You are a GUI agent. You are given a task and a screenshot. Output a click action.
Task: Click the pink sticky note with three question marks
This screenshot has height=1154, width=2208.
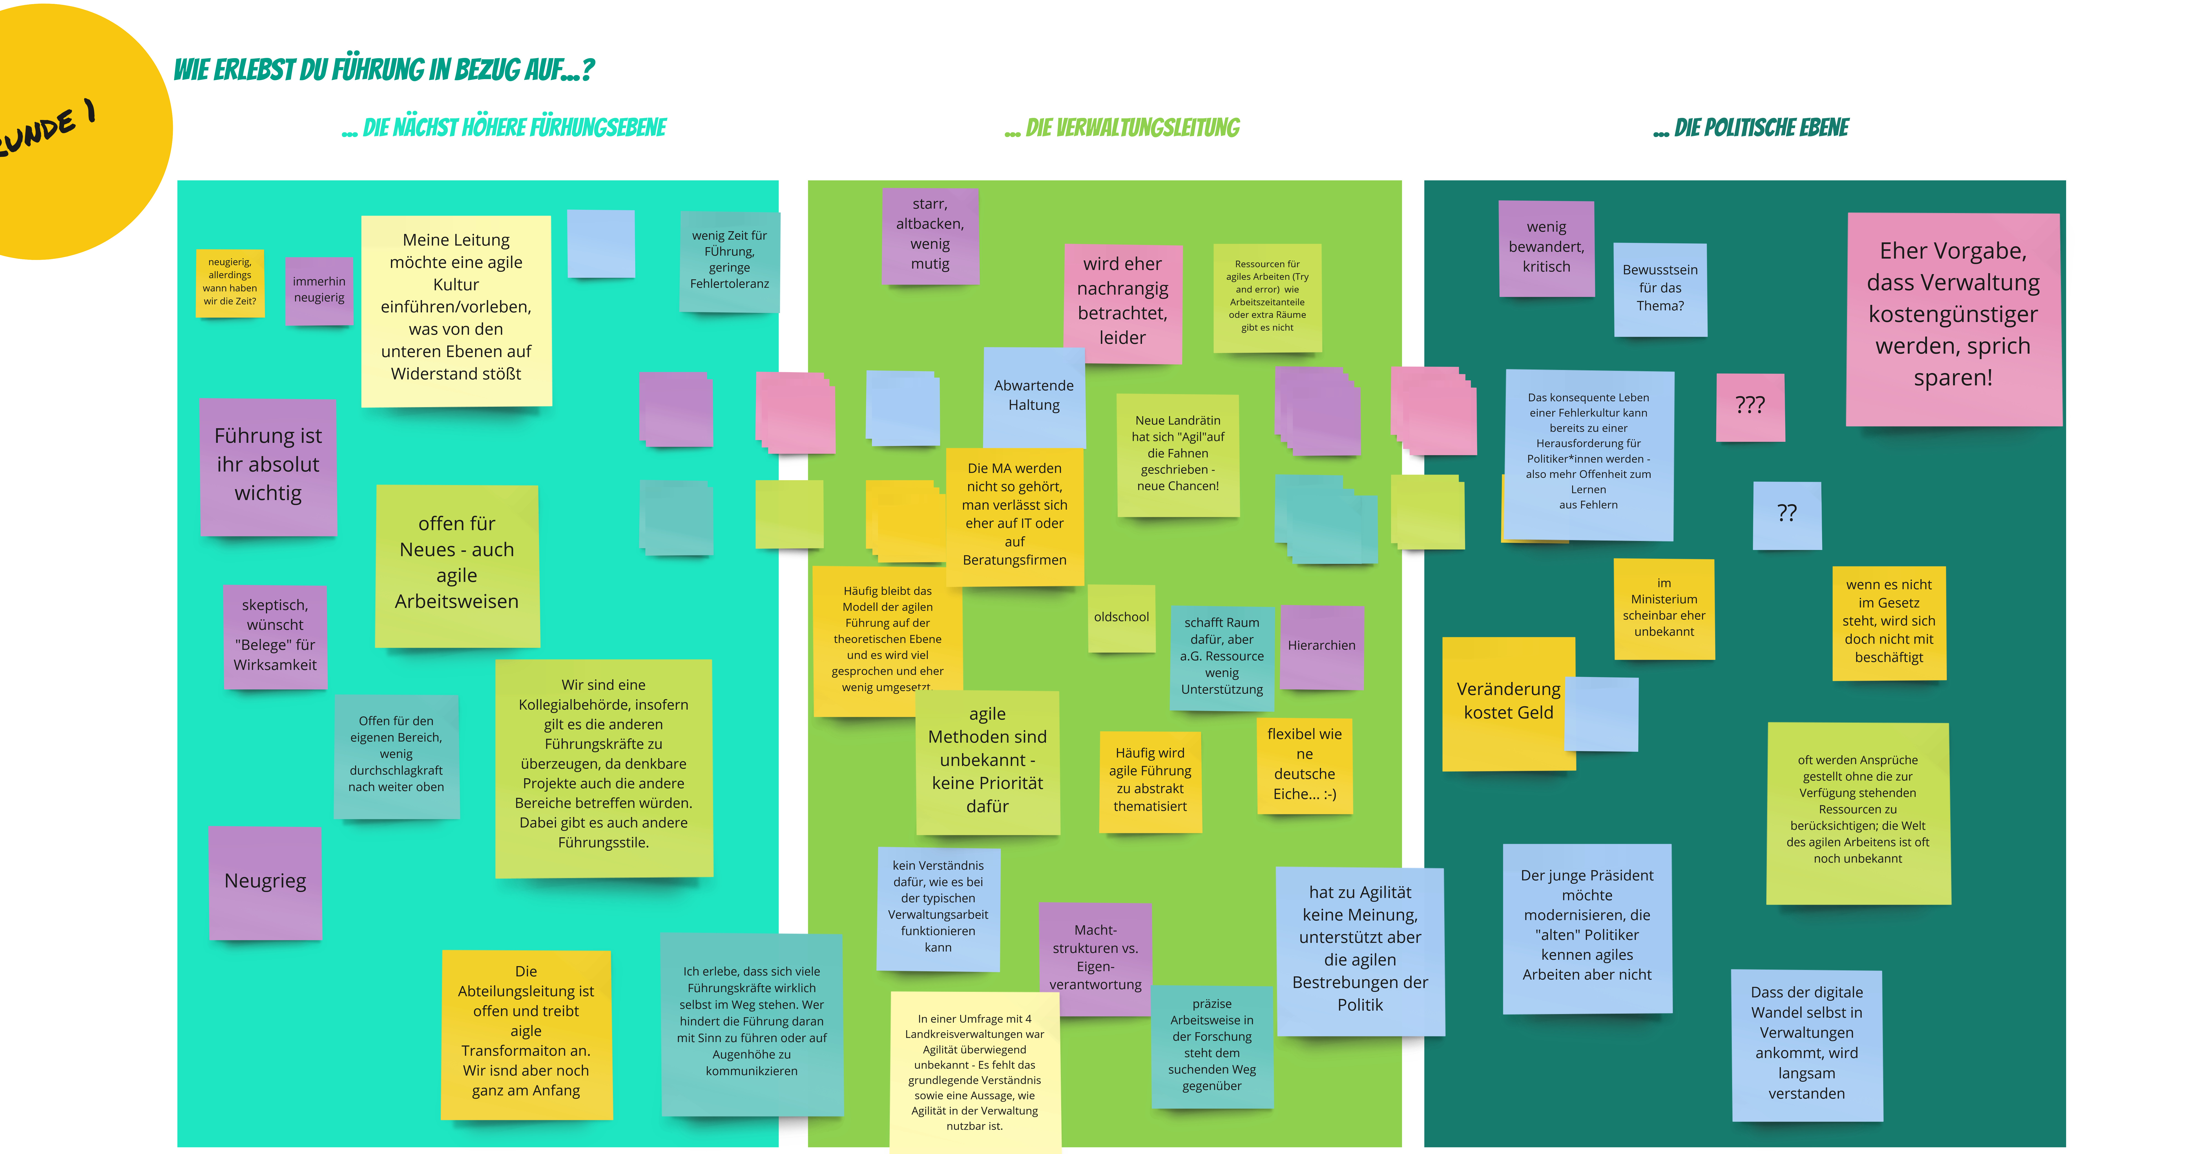point(1749,407)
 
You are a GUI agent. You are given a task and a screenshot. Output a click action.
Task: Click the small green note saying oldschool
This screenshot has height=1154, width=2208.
point(1121,618)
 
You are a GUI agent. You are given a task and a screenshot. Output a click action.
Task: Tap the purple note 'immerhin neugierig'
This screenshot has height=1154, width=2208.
point(319,290)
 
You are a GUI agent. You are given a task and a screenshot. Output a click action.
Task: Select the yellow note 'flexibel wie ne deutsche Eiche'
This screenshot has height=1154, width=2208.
point(1304,765)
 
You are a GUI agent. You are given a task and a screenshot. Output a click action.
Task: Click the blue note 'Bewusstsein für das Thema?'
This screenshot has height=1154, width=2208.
point(1659,289)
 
